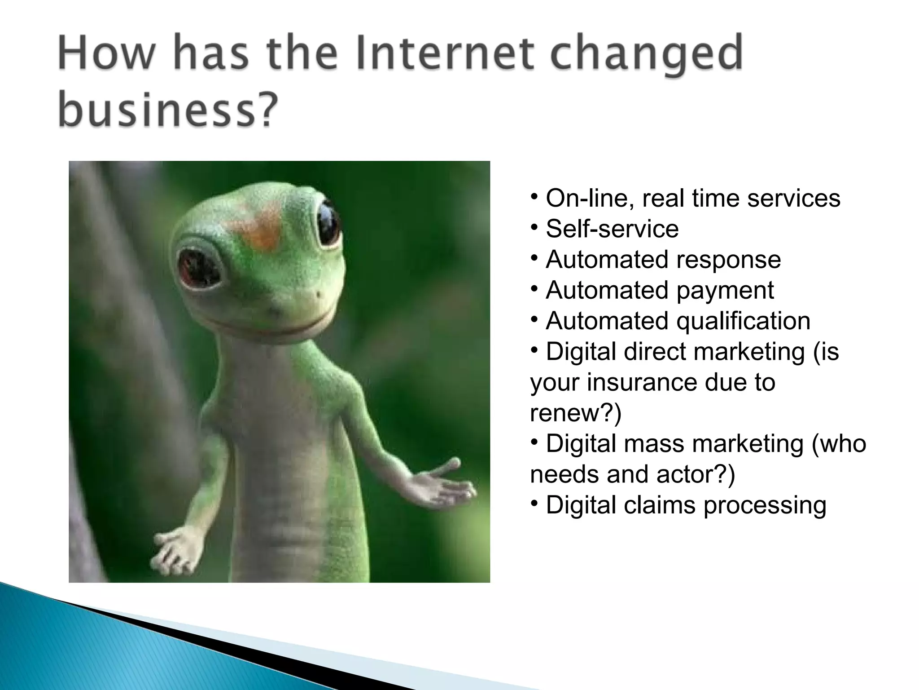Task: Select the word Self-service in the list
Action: point(612,229)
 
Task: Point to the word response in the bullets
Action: point(728,260)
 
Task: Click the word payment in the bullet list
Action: point(725,291)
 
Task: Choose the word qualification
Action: point(743,321)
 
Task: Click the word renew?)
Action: point(576,413)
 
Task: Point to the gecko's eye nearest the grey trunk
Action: point(199,267)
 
